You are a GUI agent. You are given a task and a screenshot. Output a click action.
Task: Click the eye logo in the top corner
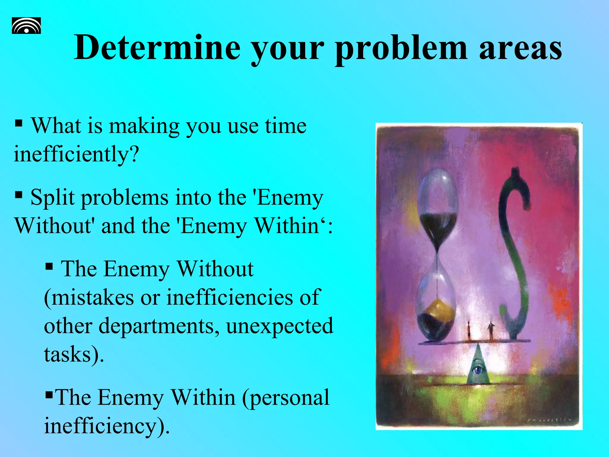[x=26, y=26]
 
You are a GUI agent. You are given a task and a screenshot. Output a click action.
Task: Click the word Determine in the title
[x=157, y=48]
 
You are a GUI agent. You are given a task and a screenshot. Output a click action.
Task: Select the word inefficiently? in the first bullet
[x=76, y=154]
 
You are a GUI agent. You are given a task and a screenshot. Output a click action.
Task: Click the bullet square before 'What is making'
[x=19, y=123]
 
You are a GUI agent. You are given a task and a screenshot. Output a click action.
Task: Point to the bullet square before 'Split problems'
[x=19, y=195]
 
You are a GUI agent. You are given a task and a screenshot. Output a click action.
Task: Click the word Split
[x=52, y=198]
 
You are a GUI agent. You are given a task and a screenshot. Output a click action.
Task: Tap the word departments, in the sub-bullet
[x=159, y=326]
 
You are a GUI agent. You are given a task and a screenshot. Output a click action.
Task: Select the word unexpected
[x=280, y=326]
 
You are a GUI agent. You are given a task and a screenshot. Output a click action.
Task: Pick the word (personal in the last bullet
[x=285, y=397]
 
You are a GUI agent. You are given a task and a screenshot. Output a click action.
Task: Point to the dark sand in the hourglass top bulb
[x=438, y=228]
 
